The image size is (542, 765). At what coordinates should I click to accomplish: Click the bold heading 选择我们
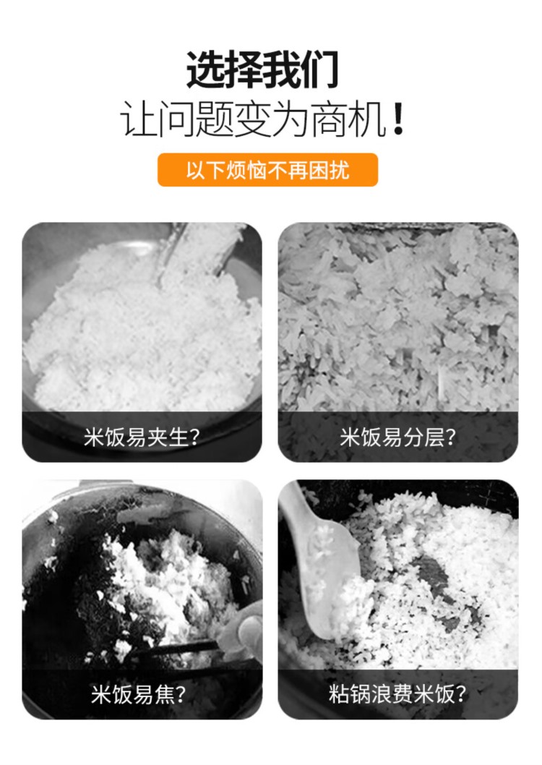click(262, 69)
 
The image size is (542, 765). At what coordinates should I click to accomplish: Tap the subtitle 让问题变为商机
click(253, 119)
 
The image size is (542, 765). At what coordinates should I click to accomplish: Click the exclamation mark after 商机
click(398, 119)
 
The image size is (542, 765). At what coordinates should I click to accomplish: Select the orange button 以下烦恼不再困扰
click(267, 170)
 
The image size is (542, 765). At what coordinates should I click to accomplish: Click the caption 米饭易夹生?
click(142, 437)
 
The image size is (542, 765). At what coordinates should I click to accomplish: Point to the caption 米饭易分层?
click(397, 437)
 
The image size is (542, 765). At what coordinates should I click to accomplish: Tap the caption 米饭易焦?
click(139, 693)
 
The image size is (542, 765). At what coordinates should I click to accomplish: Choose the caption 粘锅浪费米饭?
click(397, 693)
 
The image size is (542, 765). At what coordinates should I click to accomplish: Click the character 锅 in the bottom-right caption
click(361, 693)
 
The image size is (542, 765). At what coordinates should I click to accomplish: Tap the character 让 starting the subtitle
click(139, 119)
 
